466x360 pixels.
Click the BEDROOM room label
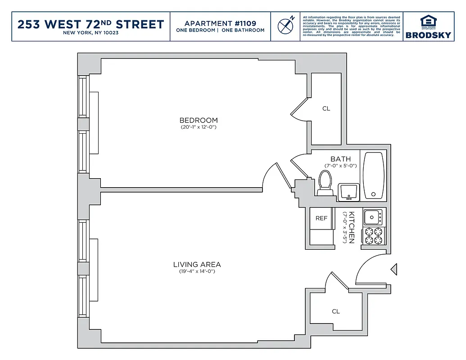199,120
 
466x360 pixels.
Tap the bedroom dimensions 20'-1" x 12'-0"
199,127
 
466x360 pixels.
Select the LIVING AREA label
197,265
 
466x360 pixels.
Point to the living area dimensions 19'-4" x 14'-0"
197,271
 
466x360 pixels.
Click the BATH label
340,159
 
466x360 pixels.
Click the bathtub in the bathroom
374,175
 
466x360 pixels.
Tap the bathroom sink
348,192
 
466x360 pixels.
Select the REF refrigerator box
321,218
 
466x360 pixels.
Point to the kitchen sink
373,217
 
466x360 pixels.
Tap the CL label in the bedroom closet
326,108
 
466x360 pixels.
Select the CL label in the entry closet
336,311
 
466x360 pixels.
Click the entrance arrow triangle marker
394,270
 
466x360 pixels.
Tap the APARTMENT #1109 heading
220,23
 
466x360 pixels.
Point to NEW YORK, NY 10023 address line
90,33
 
